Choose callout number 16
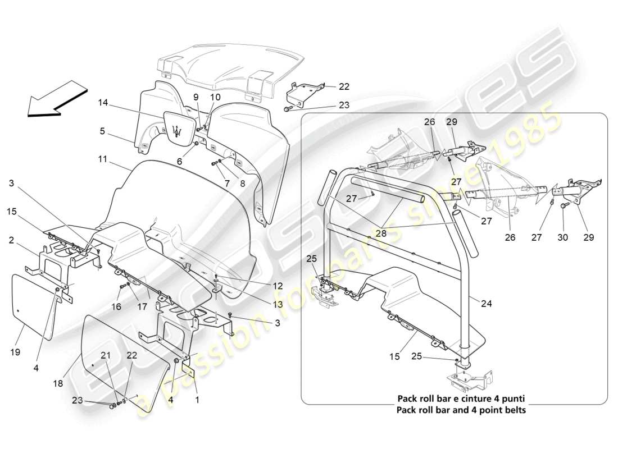(x=117, y=308)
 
